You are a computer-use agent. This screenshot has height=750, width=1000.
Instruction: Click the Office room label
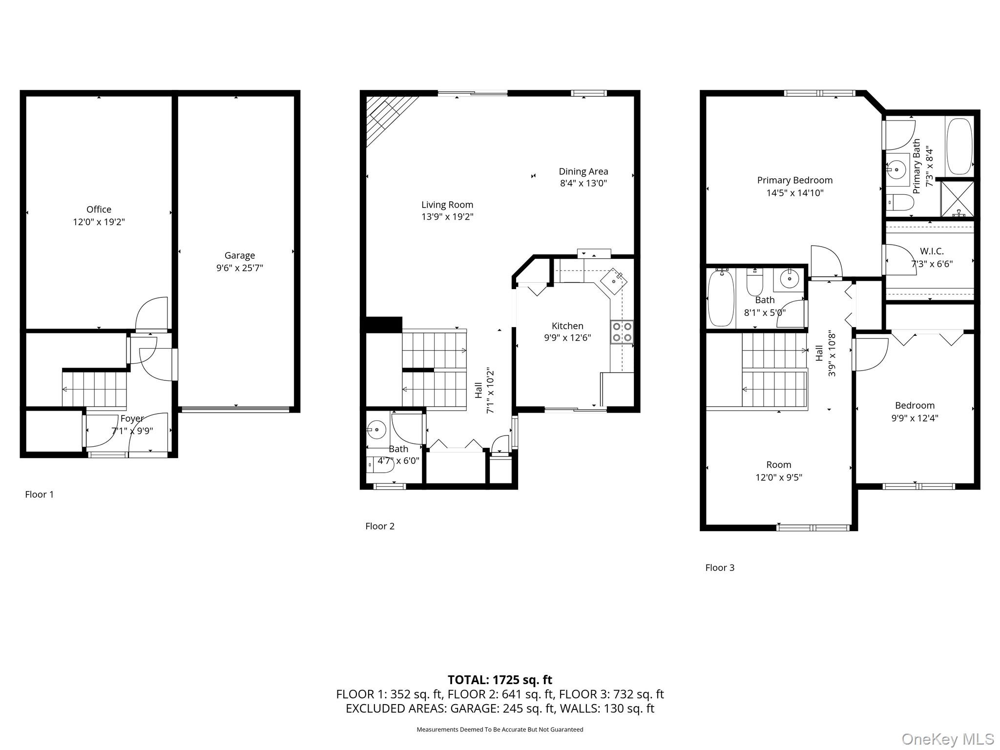[99, 209]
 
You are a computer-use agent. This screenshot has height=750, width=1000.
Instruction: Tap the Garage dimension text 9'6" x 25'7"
[239, 268]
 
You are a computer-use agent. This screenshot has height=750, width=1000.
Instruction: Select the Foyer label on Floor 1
[132, 418]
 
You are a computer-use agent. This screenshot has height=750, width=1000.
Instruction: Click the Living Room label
[447, 205]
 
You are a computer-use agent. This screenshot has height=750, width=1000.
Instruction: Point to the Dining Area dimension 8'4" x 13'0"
[583, 184]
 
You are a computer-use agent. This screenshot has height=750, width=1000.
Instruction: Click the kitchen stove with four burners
[622, 332]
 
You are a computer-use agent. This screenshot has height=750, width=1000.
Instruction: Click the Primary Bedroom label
[794, 180]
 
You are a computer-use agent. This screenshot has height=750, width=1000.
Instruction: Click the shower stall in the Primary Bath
[957, 199]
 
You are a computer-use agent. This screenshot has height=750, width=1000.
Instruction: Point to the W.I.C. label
[932, 251]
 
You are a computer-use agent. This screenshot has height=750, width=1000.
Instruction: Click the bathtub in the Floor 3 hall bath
[721, 298]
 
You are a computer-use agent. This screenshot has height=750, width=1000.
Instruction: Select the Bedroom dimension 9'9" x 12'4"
[914, 418]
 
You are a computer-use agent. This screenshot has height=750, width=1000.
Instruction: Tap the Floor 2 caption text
[379, 526]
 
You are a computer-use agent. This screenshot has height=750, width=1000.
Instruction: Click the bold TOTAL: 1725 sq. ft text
[500, 680]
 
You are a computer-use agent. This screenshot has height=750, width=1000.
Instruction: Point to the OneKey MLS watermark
[947, 739]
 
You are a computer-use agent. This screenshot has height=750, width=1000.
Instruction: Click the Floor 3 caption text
[719, 567]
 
